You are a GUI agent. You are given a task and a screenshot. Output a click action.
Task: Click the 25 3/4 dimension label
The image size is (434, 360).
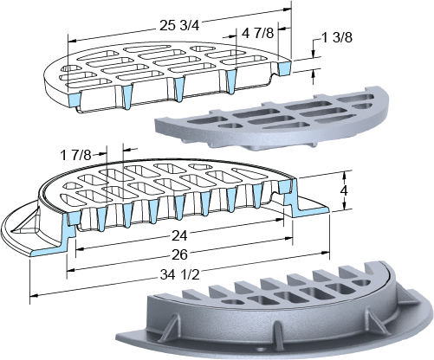[179, 26]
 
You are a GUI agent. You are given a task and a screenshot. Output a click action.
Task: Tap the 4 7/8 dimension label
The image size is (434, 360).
[257, 34]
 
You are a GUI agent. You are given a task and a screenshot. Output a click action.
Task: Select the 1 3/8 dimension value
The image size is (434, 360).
[337, 38]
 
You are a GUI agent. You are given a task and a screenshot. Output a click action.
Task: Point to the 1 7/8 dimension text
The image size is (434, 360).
[75, 156]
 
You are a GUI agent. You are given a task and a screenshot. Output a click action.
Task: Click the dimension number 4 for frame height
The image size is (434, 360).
[343, 191]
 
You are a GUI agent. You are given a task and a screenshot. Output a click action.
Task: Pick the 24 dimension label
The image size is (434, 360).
[179, 236]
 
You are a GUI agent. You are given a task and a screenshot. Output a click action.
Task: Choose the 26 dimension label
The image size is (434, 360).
[179, 254]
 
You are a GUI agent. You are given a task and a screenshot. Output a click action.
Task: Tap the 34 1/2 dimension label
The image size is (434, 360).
[179, 275]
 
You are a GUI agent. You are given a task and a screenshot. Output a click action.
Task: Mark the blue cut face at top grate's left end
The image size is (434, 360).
[74, 100]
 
